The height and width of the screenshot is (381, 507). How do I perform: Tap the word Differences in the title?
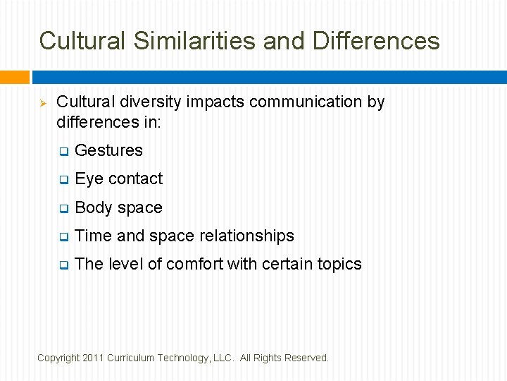[x=376, y=41]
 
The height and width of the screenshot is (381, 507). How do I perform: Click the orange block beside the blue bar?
[x=14, y=77]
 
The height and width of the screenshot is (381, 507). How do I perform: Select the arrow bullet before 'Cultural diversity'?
[x=42, y=103]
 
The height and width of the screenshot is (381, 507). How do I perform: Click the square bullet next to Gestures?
[x=63, y=152]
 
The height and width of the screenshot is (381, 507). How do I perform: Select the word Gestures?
[x=108, y=150]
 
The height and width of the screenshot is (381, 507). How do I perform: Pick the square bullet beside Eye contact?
[x=63, y=180]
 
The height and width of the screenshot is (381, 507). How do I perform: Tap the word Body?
[x=94, y=207]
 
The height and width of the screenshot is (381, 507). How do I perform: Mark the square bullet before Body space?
[x=63, y=209]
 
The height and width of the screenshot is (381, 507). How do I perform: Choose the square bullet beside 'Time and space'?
[x=63, y=237]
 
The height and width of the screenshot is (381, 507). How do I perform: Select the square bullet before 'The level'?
[x=63, y=265]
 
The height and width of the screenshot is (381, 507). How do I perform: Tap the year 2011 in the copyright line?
[x=92, y=358]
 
